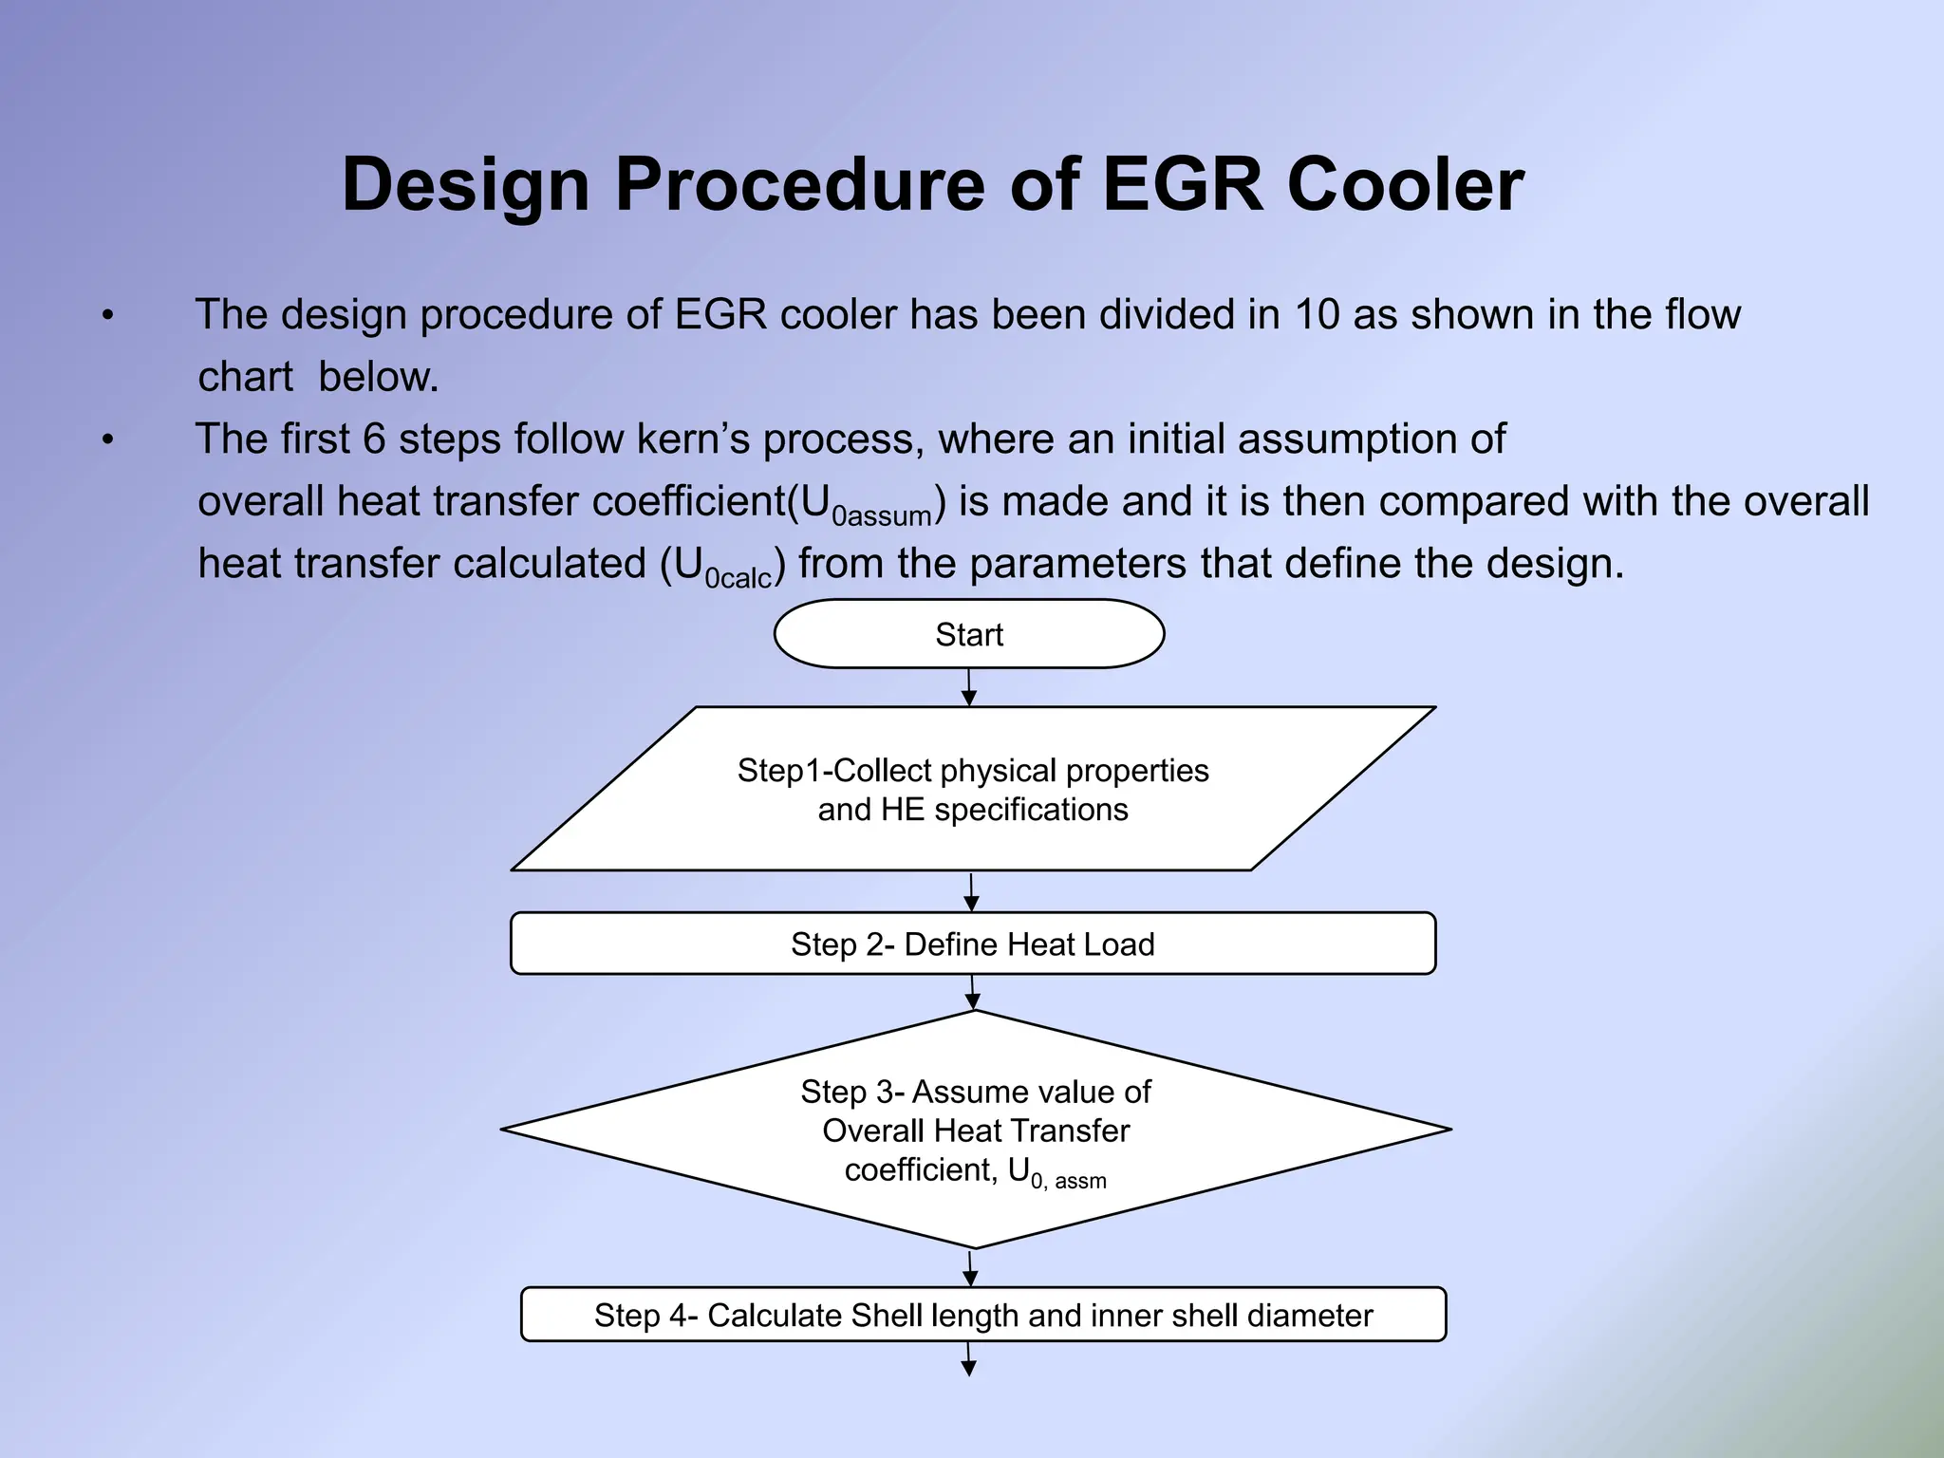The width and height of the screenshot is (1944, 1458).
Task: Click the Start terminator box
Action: [x=969, y=634]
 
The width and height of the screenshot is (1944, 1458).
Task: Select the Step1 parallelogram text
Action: [x=973, y=789]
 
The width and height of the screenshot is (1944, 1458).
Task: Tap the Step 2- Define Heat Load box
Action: [x=973, y=944]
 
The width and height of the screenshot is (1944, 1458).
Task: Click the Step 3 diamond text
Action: [x=976, y=1130]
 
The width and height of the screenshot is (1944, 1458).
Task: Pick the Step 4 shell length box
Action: [x=983, y=1315]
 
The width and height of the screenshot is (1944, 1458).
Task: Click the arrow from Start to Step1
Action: [x=969, y=687]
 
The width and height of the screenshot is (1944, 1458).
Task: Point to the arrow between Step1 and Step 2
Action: [x=971, y=892]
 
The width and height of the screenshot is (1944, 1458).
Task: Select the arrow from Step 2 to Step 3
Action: [x=972, y=993]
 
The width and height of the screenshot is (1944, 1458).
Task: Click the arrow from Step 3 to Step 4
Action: [x=970, y=1268]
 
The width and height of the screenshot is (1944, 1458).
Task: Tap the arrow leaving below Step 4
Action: [x=969, y=1359]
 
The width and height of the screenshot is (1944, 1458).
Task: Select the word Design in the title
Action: [x=465, y=184]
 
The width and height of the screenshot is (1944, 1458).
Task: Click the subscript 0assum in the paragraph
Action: [x=883, y=516]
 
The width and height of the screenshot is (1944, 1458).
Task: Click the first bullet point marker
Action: [x=108, y=315]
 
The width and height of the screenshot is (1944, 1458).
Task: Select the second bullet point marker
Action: [x=108, y=439]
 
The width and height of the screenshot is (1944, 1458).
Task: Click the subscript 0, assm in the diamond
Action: [x=1069, y=1182]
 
